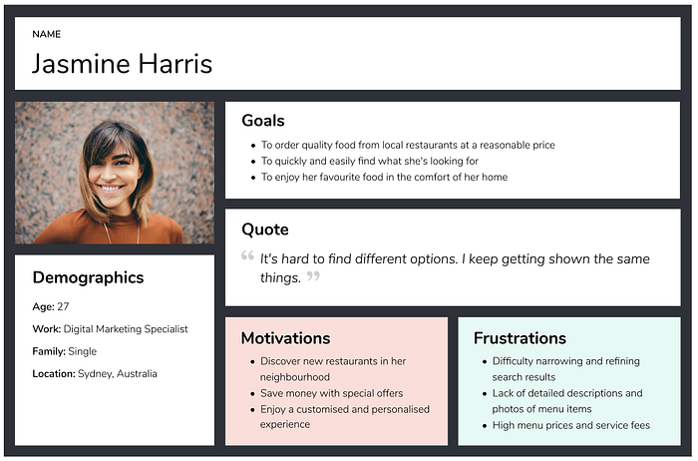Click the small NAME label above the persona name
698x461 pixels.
[46, 34]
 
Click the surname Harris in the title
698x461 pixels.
[174, 63]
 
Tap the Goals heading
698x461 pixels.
[263, 121]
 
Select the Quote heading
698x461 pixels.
[265, 230]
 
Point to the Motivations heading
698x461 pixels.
[286, 338]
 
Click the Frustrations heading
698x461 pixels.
[520, 338]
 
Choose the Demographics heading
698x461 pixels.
[88, 277]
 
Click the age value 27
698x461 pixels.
[63, 306]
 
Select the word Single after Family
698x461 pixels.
[83, 351]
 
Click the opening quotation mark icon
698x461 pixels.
[247, 255]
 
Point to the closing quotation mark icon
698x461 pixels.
[313, 275]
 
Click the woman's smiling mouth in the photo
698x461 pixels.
[110, 188]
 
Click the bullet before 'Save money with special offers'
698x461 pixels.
[252, 394]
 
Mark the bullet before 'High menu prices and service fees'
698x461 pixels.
[485, 426]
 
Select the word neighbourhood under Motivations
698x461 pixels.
[295, 377]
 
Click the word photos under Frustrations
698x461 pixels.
[507, 409]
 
